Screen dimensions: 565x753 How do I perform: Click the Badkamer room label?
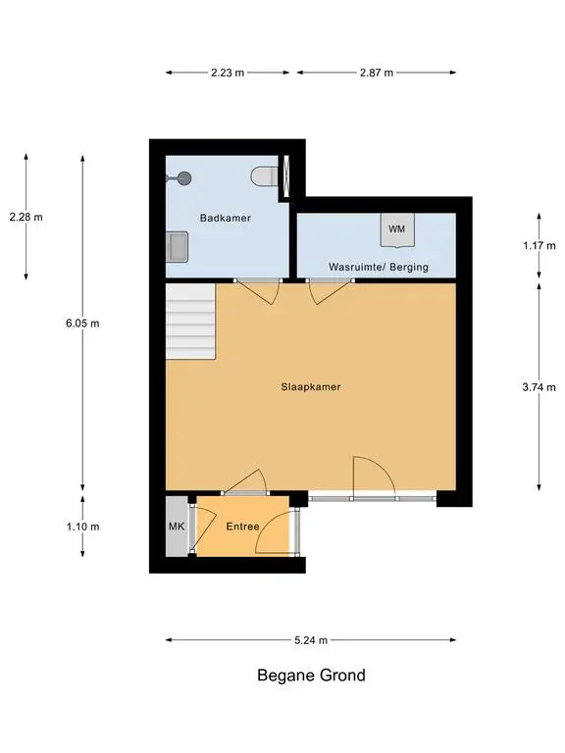coord(226,218)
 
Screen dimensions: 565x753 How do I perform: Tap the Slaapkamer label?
coord(311,386)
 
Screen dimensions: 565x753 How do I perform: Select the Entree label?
coord(242,527)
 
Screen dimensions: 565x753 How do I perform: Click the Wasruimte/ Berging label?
coord(378,267)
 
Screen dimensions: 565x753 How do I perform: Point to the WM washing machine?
coord(397,230)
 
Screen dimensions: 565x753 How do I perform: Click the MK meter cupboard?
coord(177,527)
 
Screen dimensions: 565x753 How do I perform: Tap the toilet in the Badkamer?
coord(264,176)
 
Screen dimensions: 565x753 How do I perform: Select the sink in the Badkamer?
coord(177,246)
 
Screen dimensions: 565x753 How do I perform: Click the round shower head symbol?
coord(184,178)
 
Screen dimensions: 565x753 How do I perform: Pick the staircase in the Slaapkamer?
coord(190,321)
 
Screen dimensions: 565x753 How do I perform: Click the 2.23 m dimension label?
coord(228,73)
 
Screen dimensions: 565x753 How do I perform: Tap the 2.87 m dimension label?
coord(377,73)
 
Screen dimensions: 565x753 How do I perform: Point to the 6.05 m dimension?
coord(82,324)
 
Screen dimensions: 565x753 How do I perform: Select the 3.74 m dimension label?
coord(539,387)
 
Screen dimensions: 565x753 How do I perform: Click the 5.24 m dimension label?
coord(311,640)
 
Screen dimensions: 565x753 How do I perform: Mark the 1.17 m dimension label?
coord(539,246)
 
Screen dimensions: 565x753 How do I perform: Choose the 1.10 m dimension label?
coord(82,527)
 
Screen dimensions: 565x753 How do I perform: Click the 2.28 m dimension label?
coord(26,217)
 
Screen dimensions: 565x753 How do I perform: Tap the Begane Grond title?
coord(311,676)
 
